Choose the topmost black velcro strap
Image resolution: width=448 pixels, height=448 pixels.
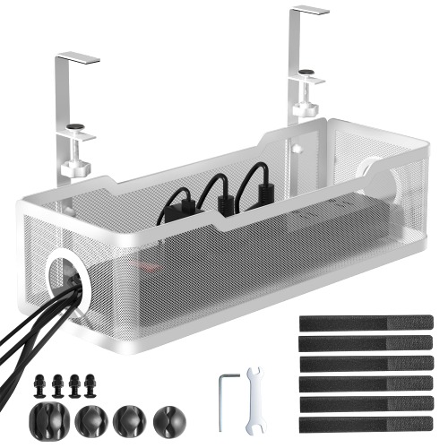(x=366, y=323)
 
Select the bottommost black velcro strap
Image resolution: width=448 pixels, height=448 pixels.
(x=366, y=422)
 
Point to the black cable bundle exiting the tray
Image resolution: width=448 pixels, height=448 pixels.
(x=27, y=332)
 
